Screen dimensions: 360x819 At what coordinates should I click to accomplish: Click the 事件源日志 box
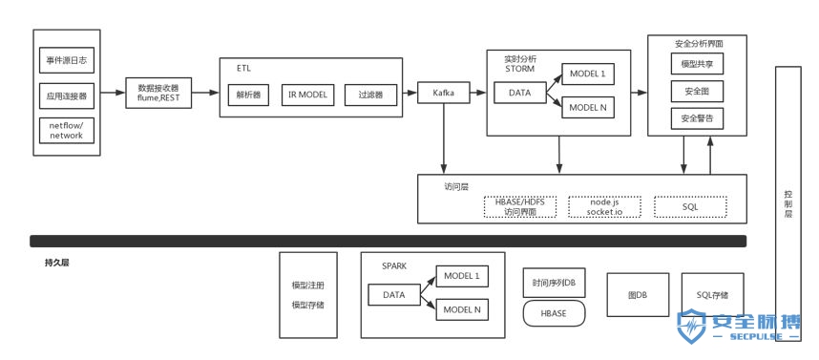click(66, 61)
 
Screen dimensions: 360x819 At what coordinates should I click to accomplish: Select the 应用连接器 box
click(66, 95)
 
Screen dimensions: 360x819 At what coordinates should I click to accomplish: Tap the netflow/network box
click(66, 130)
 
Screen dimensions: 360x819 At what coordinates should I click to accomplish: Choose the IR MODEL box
click(307, 95)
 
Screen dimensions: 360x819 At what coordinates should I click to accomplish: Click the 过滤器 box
click(369, 95)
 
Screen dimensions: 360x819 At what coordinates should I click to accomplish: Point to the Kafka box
click(444, 94)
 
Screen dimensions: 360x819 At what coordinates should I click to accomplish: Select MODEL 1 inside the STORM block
click(587, 74)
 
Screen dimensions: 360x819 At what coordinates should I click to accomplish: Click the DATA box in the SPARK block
click(394, 295)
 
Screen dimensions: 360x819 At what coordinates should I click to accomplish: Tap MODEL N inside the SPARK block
click(462, 308)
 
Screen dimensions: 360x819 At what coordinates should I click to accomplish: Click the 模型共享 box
click(697, 64)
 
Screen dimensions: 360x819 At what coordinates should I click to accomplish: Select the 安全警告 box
click(697, 119)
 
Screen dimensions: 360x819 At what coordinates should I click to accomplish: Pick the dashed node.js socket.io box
click(604, 206)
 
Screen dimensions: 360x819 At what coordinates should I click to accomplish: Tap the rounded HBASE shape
click(554, 312)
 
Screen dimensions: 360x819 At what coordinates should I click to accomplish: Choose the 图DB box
click(638, 296)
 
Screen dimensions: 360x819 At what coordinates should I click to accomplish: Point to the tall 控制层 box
click(787, 201)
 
